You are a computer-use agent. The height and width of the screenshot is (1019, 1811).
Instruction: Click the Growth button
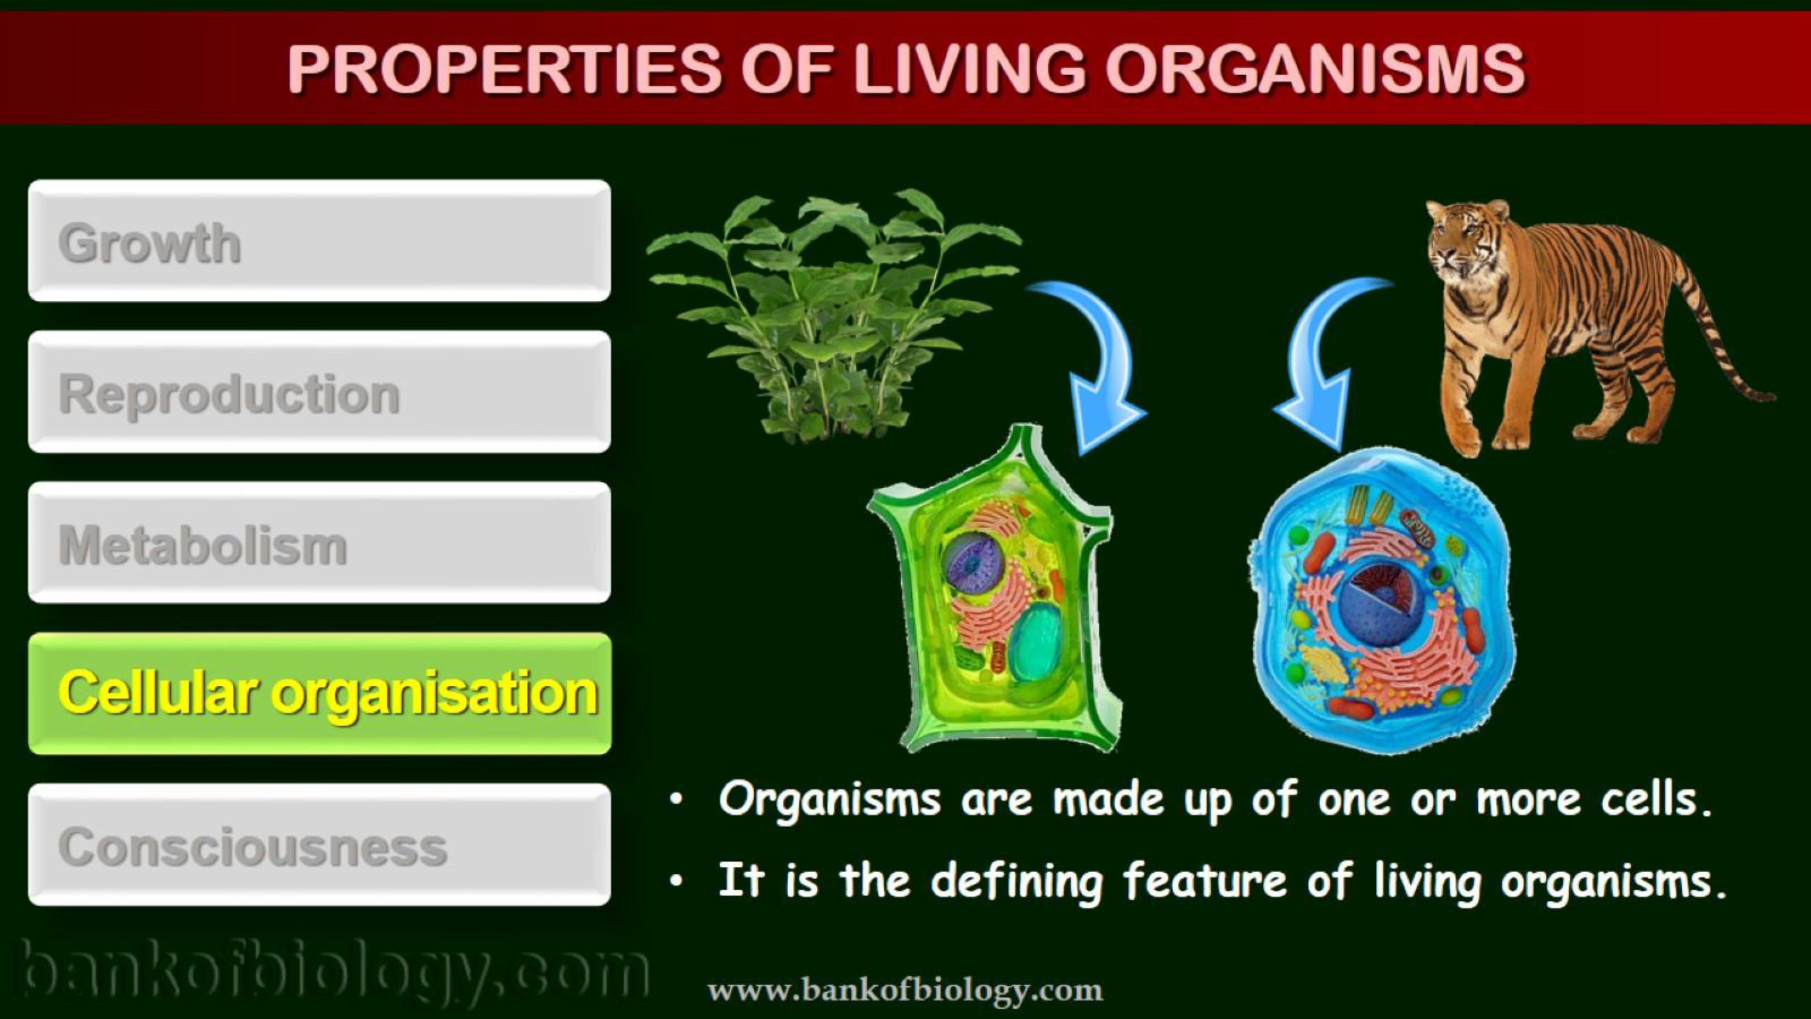tap(319, 240)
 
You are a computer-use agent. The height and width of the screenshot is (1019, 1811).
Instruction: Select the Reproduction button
tap(319, 392)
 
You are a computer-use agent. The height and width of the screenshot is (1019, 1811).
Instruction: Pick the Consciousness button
tap(319, 845)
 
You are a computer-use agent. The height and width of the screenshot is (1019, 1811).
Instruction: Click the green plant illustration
tap(833, 317)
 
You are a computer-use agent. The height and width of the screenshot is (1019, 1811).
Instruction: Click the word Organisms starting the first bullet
tap(829, 800)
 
